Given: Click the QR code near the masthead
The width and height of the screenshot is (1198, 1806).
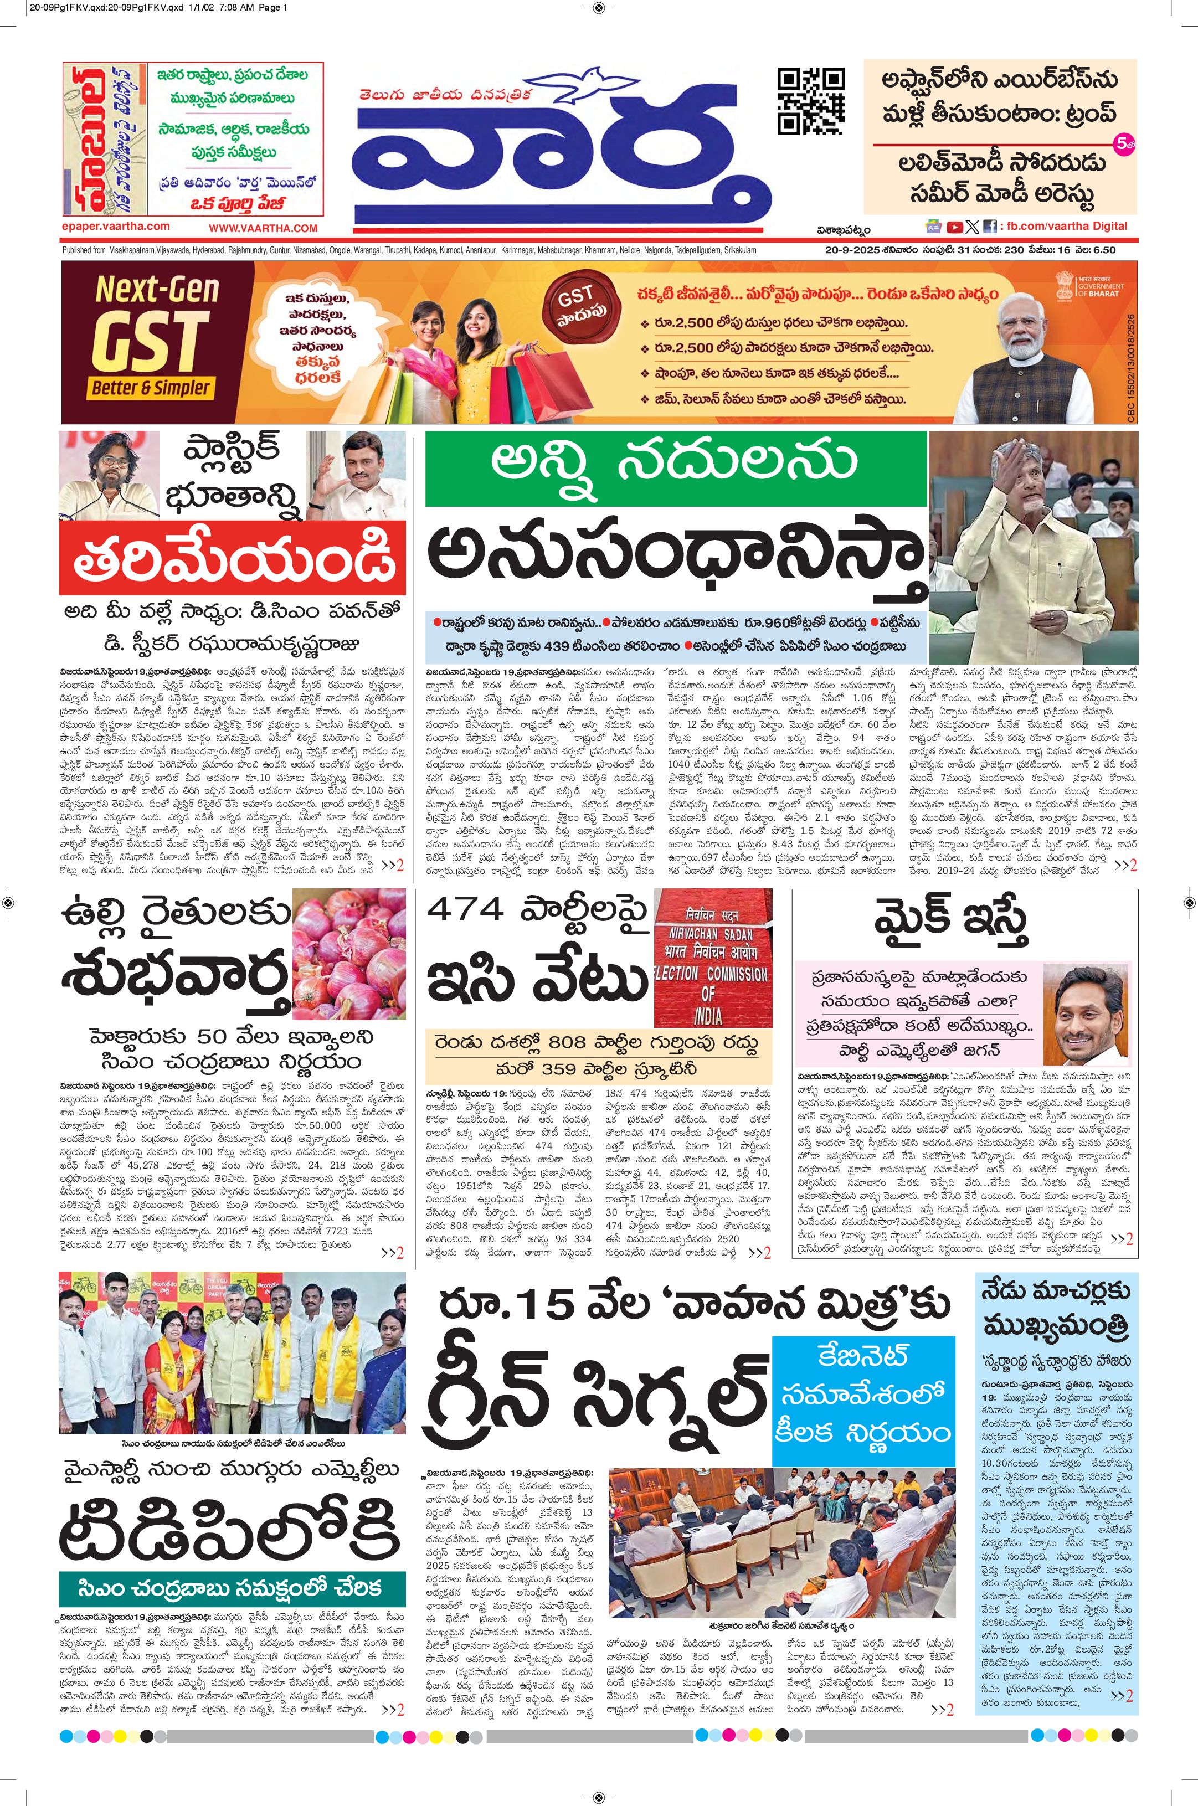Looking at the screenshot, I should tap(811, 101).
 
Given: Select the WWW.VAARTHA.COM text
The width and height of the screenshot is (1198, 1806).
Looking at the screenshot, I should tap(263, 228).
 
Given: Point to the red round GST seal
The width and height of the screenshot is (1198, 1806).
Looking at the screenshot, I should tap(575, 300).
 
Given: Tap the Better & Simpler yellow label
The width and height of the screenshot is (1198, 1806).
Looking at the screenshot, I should tap(151, 387).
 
